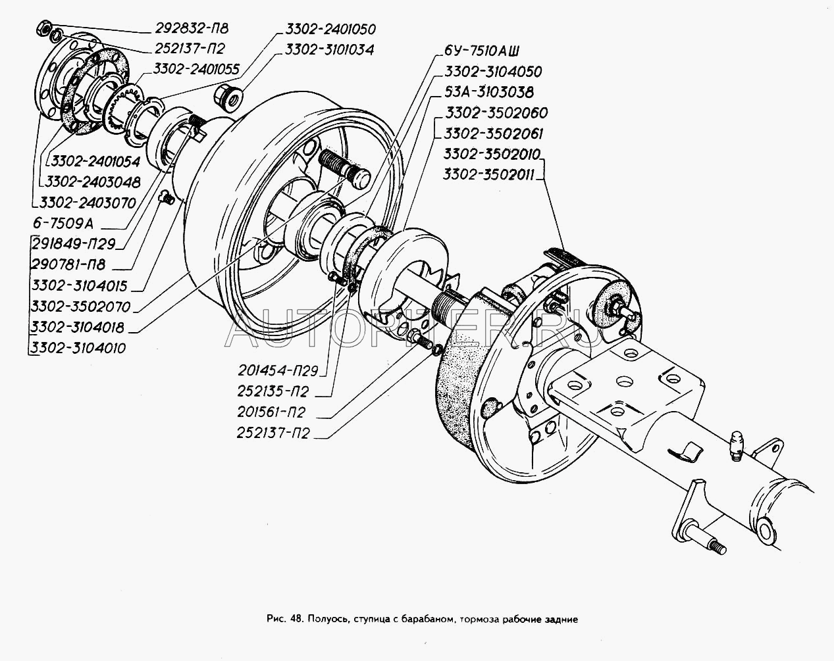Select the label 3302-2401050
click(x=330, y=30)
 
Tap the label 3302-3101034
click(x=330, y=49)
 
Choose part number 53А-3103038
click(x=489, y=92)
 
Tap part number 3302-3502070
click(x=79, y=306)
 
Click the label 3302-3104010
click(x=79, y=348)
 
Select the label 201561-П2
click(x=273, y=412)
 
